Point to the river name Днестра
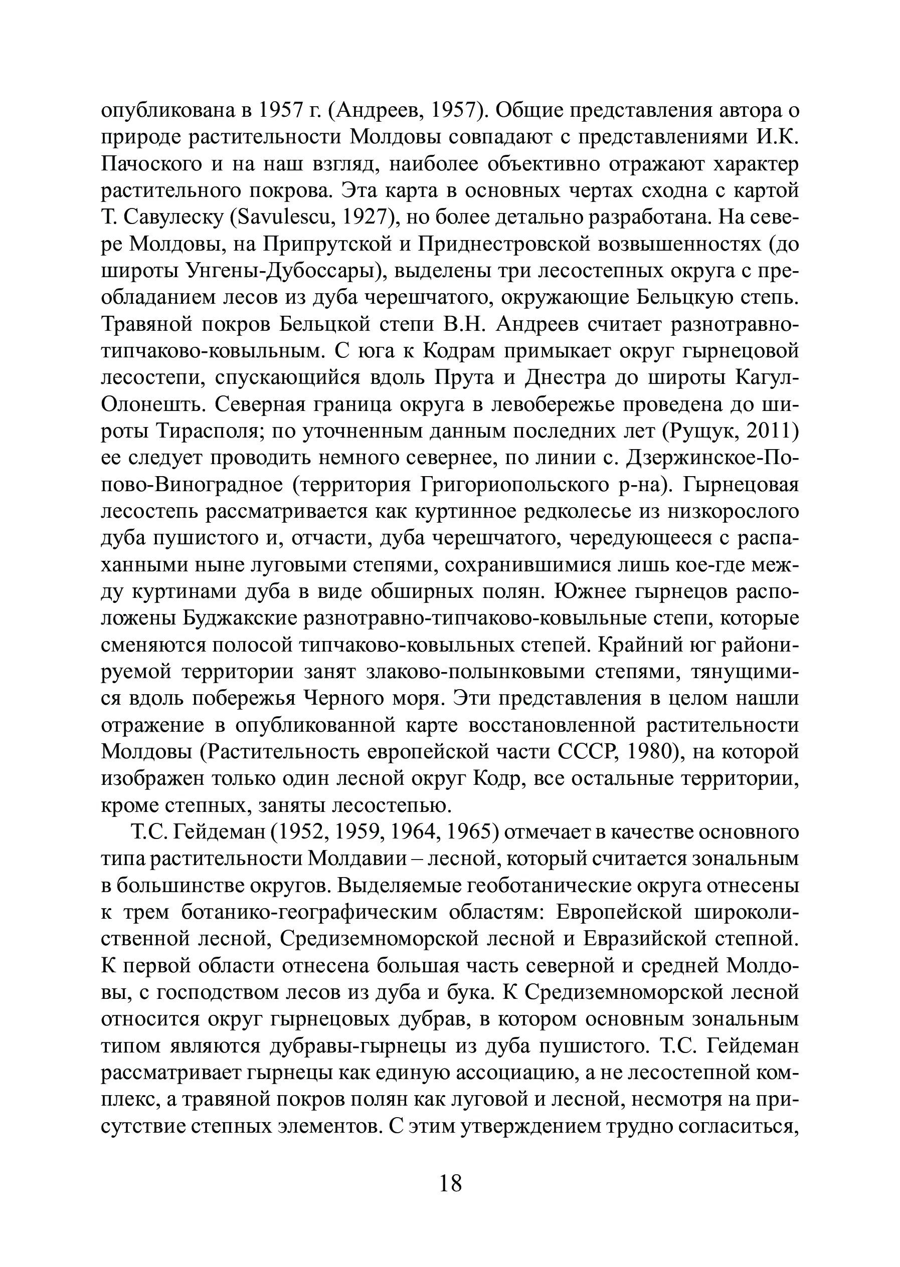pos(565,378)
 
